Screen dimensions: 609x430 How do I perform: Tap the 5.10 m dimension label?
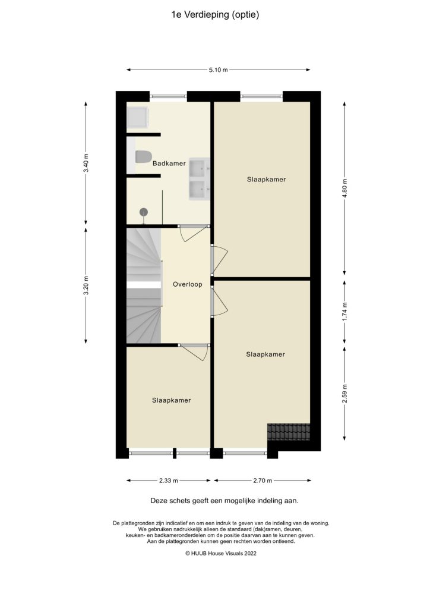(x=218, y=70)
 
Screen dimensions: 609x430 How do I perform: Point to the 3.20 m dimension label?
(x=86, y=284)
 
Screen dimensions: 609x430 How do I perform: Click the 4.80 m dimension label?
(x=344, y=189)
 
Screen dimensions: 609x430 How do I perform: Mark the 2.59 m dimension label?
(x=344, y=393)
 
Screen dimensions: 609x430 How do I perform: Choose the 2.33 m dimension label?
(x=168, y=481)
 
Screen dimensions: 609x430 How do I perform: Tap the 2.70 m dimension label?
(x=262, y=481)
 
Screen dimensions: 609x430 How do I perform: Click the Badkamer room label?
(x=169, y=163)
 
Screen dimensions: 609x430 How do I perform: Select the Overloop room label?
(x=187, y=284)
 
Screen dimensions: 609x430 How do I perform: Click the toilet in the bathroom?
(x=142, y=157)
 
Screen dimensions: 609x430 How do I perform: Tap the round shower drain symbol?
(x=143, y=212)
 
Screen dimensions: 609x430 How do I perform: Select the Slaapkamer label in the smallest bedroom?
(x=171, y=400)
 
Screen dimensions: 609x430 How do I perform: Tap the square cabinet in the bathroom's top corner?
(x=138, y=117)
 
